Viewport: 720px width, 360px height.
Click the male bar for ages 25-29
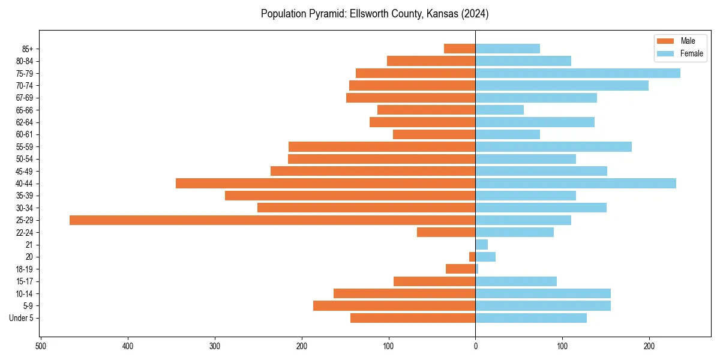tap(272, 220)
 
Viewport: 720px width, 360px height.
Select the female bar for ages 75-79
tap(578, 73)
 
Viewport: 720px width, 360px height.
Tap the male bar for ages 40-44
tap(325, 184)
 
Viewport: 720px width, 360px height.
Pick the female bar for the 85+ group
tap(508, 49)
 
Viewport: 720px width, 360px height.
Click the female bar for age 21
tap(481, 245)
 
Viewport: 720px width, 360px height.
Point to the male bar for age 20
tap(472, 257)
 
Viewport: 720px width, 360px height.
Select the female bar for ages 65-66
tap(499, 110)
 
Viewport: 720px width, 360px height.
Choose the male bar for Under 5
tap(413, 318)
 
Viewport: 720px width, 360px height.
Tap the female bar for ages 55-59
tap(553, 147)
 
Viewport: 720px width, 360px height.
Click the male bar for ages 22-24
tap(446, 232)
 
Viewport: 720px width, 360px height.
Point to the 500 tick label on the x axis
tap(41, 346)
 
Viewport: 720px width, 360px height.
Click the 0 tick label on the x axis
tap(475, 346)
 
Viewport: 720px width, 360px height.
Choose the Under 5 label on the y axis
tap(21, 318)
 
